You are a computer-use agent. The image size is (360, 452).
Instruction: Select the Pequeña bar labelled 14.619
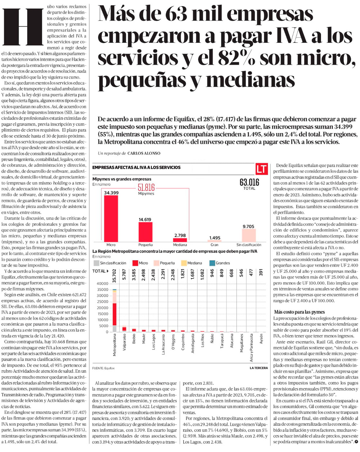[145, 232]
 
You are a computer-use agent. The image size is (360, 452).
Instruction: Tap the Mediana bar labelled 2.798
[180, 240]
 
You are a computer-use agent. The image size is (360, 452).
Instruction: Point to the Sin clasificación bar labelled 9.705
[249, 235]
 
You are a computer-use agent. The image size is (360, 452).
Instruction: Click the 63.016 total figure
[249, 182]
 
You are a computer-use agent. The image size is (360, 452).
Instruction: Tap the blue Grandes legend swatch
[212, 263]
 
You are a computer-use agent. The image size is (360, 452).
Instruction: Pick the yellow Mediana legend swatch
[184, 263]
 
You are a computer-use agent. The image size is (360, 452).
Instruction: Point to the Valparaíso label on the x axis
[124, 348]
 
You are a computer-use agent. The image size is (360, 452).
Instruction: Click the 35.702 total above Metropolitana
[114, 276]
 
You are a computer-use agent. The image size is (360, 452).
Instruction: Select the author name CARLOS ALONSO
[144, 153]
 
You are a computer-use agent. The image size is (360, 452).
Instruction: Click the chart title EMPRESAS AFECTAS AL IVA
[136, 167]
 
